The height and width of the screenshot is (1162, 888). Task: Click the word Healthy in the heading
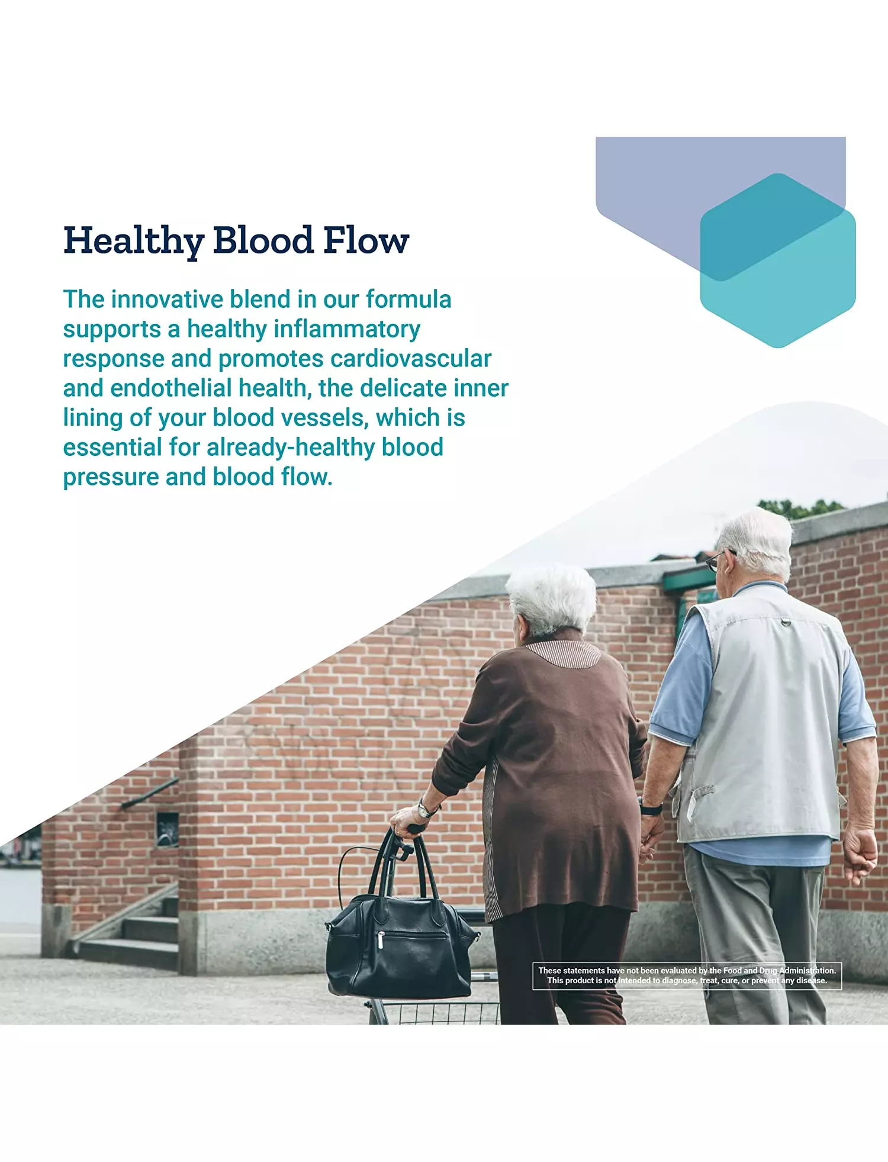coord(134,241)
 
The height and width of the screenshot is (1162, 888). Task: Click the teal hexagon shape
coord(778,260)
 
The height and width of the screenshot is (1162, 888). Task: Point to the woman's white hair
coord(553,598)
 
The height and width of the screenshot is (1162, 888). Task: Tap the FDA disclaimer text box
coord(687,976)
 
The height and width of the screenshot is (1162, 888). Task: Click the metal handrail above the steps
coord(149,793)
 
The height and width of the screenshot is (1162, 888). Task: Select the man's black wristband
coord(651,807)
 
